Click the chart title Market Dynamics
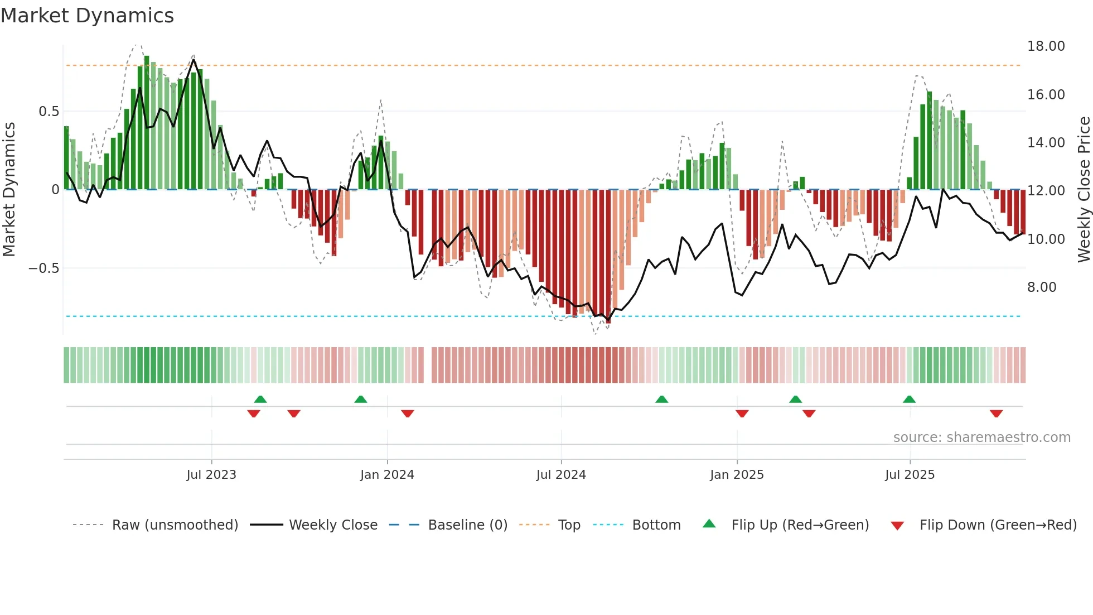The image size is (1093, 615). [x=87, y=16]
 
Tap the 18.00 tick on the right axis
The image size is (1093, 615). [x=1046, y=46]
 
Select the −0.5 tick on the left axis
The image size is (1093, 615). [x=43, y=268]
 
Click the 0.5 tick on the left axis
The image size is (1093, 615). [x=49, y=112]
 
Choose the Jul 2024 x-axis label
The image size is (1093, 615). [x=561, y=475]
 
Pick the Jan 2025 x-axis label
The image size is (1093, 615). [x=737, y=475]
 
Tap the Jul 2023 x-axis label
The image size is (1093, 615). [x=211, y=475]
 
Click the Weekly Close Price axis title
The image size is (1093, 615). [x=1084, y=190]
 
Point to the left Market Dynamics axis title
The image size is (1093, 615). [x=9, y=190]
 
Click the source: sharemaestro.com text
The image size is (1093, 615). [x=981, y=438]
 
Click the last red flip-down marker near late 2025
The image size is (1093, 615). [x=996, y=414]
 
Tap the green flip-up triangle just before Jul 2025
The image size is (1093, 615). [x=909, y=399]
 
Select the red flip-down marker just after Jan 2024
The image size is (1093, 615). [x=408, y=414]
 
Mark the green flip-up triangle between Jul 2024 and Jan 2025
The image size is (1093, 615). [x=661, y=399]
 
